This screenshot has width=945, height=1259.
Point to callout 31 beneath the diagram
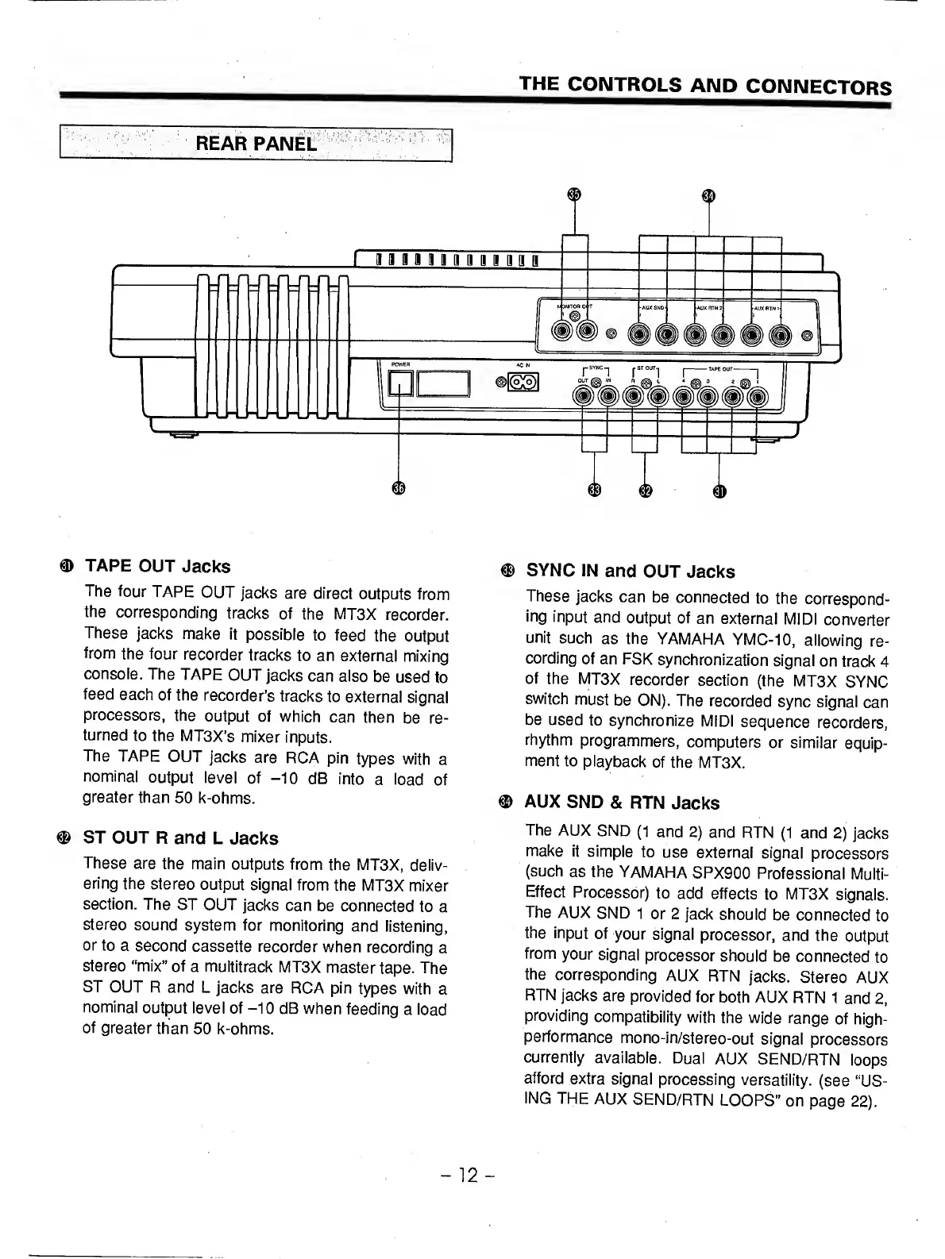(719, 491)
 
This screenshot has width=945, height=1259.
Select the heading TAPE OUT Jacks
(157, 566)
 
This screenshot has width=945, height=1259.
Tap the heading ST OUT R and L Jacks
(180, 837)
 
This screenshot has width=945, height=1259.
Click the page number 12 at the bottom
(472, 1175)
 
